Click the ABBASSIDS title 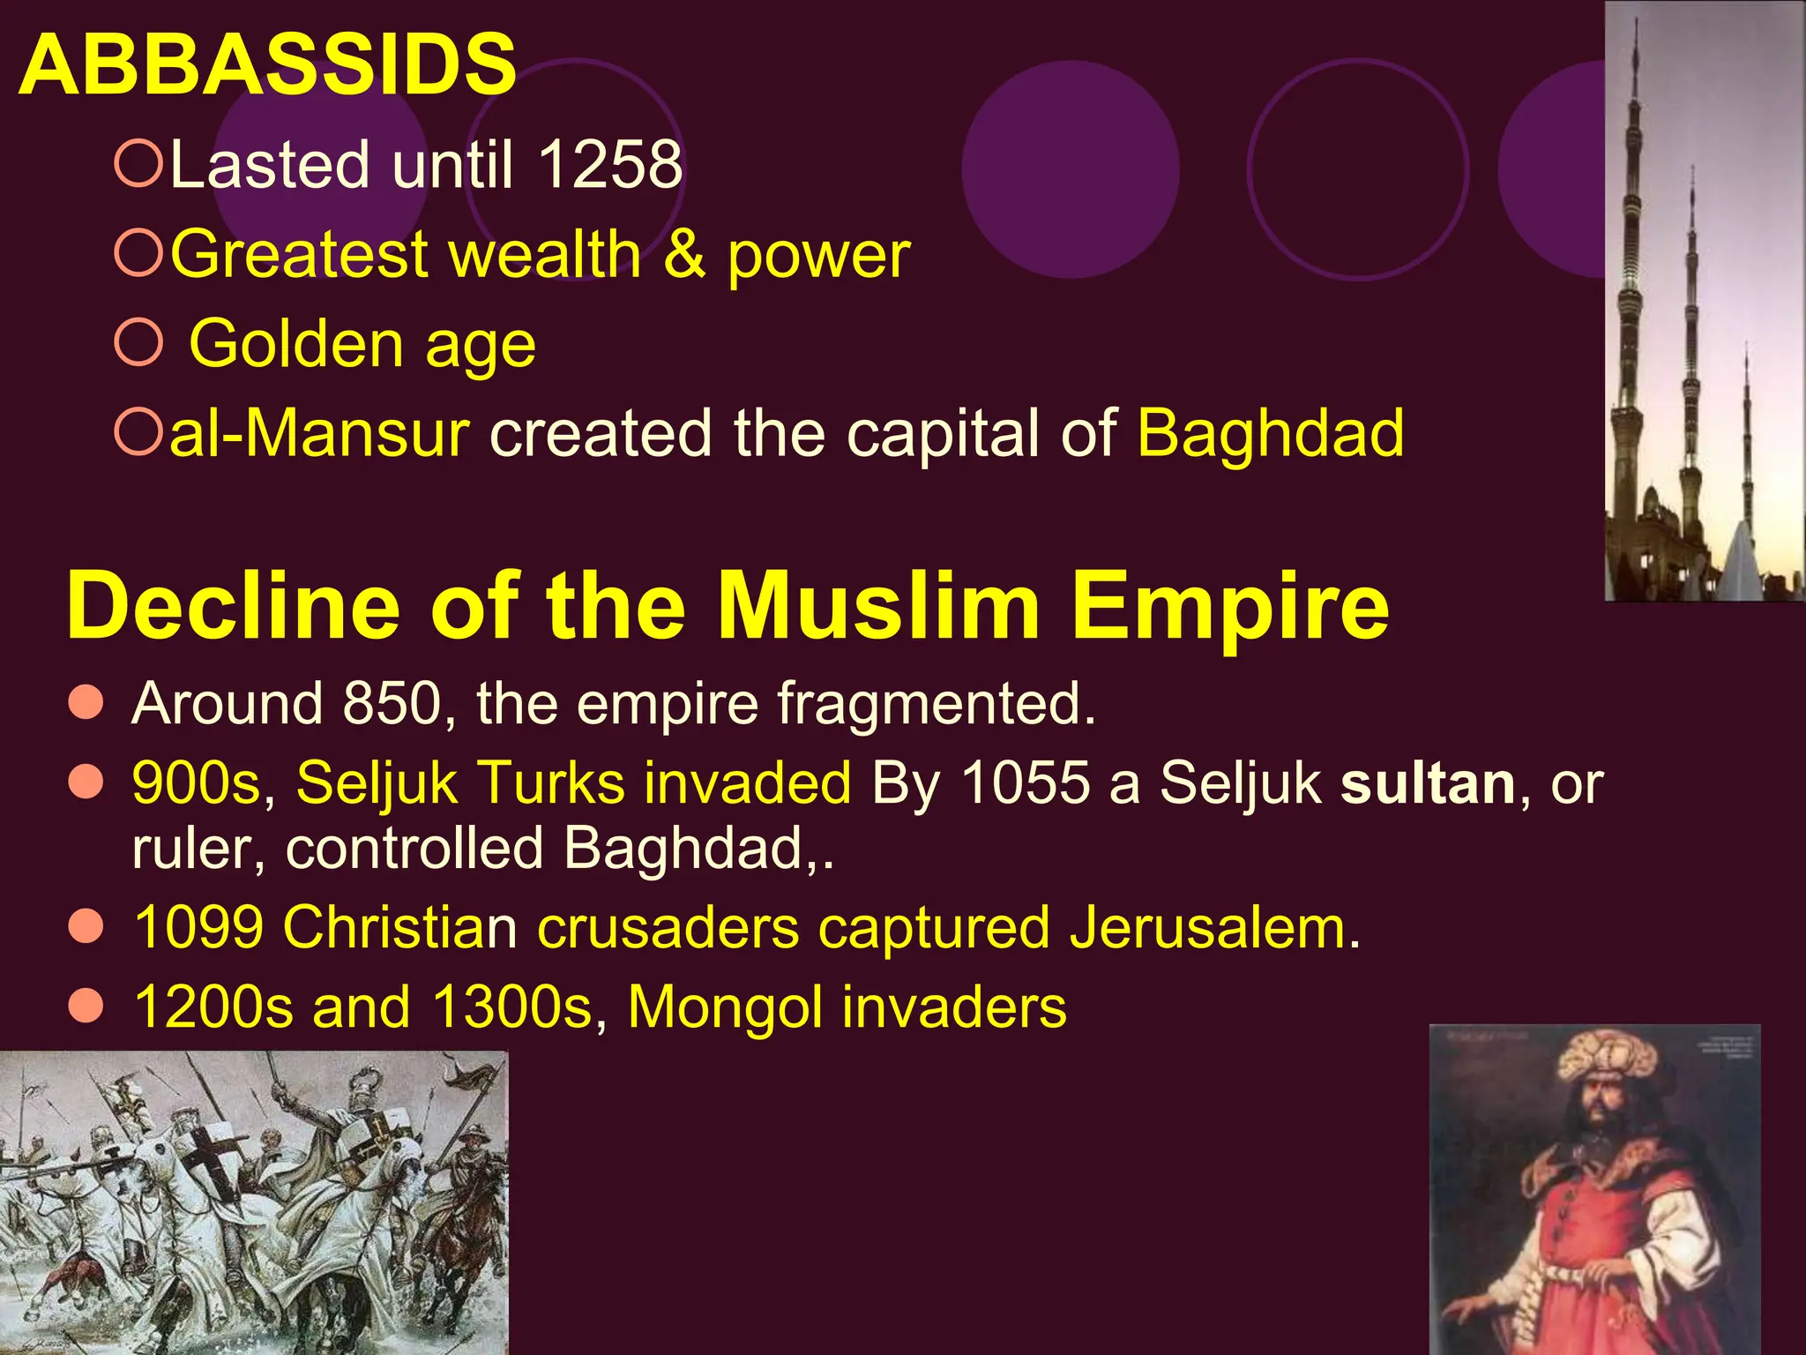266,64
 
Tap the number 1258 609,165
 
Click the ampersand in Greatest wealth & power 684,255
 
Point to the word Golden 295,344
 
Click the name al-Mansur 319,434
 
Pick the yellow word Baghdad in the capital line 1270,434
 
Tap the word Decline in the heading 233,607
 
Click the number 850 392,703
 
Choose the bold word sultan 1428,782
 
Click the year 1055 1025,782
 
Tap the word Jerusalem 1214,928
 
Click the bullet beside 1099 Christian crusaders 86,927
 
